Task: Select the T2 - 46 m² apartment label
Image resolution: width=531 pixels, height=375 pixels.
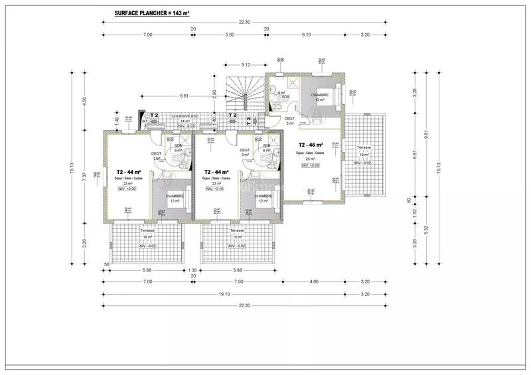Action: click(311, 145)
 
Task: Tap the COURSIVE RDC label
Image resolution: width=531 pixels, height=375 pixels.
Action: click(182, 115)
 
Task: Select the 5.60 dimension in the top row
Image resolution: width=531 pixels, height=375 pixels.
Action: click(230, 35)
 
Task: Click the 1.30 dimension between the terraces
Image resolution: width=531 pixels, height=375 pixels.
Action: click(193, 270)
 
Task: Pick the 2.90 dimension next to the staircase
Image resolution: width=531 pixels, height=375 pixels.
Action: click(214, 95)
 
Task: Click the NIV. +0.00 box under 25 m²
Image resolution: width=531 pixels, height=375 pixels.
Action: click(310, 165)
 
